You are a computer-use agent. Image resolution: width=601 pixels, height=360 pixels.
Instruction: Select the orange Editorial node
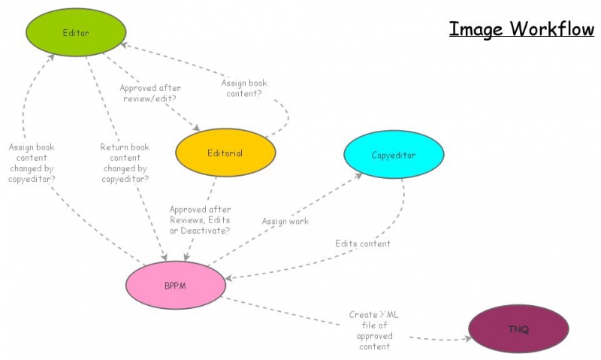tap(225, 153)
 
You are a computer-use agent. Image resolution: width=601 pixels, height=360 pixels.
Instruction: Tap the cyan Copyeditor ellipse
tap(394, 155)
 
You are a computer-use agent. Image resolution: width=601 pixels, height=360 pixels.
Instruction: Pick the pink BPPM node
tap(176, 286)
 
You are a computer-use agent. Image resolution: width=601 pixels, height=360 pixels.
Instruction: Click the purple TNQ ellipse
tap(518, 329)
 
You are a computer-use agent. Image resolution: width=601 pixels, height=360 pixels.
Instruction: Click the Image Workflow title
tap(521, 29)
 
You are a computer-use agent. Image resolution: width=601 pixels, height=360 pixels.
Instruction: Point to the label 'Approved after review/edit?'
tap(150, 93)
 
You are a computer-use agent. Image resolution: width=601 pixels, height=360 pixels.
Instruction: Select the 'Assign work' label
tap(285, 221)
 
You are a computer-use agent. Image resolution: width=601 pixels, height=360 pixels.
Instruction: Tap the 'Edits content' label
tap(363, 244)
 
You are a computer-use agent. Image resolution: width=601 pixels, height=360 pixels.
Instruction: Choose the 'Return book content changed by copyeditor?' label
tap(125, 163)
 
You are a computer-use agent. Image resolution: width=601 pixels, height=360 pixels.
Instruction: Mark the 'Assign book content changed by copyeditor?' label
tap(32, 163)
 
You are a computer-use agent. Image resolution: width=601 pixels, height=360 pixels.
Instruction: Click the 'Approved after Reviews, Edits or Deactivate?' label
tap(200, 219)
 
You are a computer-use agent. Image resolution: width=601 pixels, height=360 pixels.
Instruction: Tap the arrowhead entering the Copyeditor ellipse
tap(361, 174)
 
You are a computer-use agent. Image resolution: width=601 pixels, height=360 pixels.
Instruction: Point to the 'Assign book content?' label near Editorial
tap(244, 89)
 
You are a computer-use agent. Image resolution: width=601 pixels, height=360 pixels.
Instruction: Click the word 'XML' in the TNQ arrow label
tap(388, 315)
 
